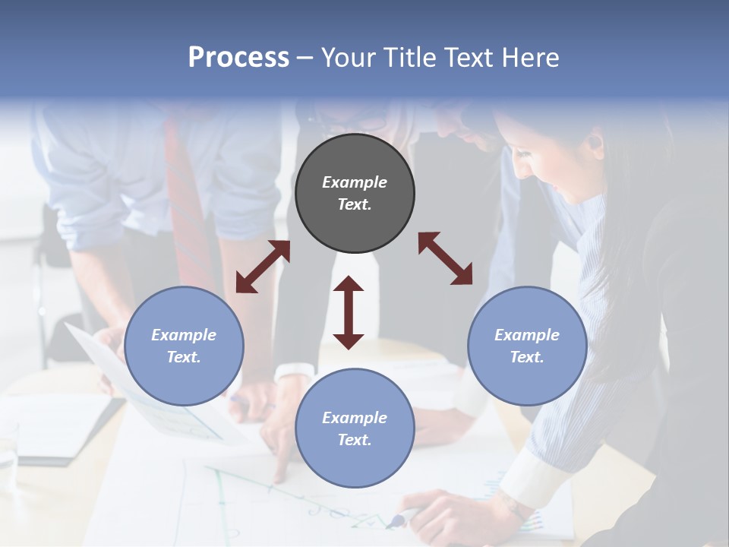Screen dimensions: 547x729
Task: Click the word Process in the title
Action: tap(238, 58)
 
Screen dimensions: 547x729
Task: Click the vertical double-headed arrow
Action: tap(349, 312)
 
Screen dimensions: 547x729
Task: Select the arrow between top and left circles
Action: tap(263, 267)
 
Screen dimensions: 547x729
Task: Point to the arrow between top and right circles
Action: tap(445, 259)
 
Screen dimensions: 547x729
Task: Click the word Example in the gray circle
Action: tap(355, 182)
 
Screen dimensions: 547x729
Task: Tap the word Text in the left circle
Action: tap(184, 357)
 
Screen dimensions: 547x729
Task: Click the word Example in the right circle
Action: tap(527, 335)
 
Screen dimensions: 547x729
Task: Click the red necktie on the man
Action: tap(182, 198)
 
